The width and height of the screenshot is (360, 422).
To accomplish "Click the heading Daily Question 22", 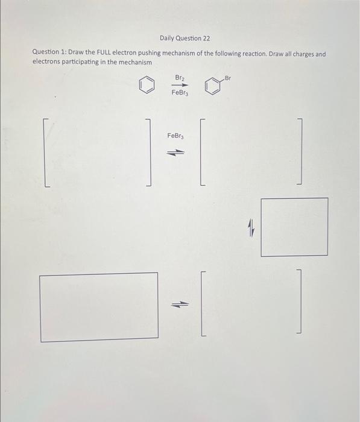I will (185, 39).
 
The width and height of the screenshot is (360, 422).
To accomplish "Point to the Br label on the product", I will (227, 78).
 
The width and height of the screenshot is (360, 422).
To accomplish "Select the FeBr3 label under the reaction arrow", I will (180, 93).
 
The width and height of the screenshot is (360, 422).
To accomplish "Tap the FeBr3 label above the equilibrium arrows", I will (175, 137).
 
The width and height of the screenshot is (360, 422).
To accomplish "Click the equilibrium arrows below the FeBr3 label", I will (175, 153).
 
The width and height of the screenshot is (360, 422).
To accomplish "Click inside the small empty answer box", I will (295, 227).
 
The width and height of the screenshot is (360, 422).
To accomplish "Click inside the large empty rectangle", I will (99, 307).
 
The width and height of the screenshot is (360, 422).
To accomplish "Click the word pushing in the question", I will (145, 54).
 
